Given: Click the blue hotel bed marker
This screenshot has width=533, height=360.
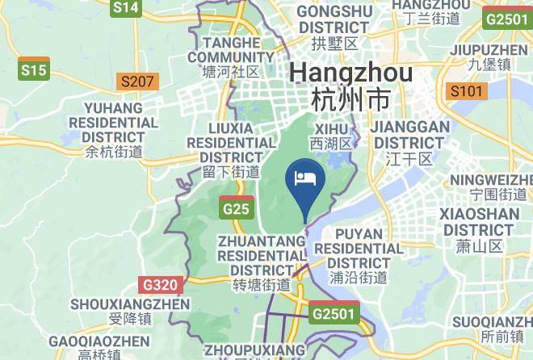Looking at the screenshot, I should pos(306,179).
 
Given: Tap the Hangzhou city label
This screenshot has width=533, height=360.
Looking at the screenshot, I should pos(350,85).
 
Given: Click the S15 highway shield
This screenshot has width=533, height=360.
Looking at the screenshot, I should pos(34,70).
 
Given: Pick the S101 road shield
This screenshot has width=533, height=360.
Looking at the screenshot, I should pos(466,90).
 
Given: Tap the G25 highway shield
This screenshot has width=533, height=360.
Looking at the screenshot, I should pos(236,208).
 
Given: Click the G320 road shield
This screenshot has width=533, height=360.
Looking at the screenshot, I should pos(159,285).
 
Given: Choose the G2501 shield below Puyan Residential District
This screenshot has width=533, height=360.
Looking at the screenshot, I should pos(334,312).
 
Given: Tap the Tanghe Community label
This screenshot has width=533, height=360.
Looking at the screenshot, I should pos(231,57).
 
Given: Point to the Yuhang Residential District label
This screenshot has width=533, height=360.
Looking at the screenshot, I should pos(114,129).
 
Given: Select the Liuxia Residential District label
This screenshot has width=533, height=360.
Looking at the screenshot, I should pos(231,149).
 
